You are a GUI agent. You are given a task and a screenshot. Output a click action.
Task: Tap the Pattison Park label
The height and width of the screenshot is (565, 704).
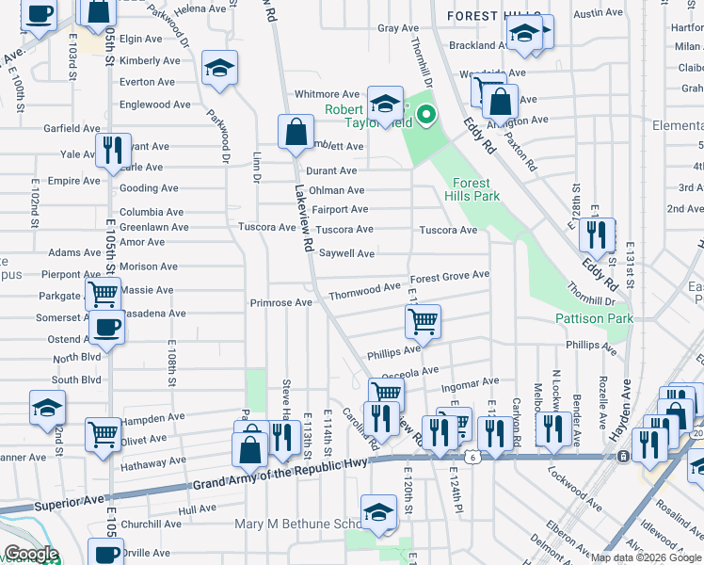594,319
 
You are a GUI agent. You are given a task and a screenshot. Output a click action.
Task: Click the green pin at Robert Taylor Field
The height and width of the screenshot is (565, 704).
425,117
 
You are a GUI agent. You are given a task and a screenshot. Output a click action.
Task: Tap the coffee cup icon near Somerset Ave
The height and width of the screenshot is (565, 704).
107,329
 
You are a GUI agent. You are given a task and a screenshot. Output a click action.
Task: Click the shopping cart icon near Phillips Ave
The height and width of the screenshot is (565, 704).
423,322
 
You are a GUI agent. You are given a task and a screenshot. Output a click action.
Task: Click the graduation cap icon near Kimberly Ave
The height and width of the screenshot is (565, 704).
219,68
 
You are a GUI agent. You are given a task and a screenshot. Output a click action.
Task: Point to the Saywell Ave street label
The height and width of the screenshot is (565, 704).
346,253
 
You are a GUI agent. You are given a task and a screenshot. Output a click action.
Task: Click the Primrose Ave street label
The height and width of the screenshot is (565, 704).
280,303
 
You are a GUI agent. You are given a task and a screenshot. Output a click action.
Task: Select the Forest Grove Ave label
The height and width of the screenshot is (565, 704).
450,276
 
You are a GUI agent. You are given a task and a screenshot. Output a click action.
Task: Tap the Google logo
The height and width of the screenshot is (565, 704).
31,554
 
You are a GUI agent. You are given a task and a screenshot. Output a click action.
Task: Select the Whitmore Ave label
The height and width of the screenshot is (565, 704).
328,94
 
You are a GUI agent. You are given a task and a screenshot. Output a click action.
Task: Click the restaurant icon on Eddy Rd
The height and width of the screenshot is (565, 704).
597,236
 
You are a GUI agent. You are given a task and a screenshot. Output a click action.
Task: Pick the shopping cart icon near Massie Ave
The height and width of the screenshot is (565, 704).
103,294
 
